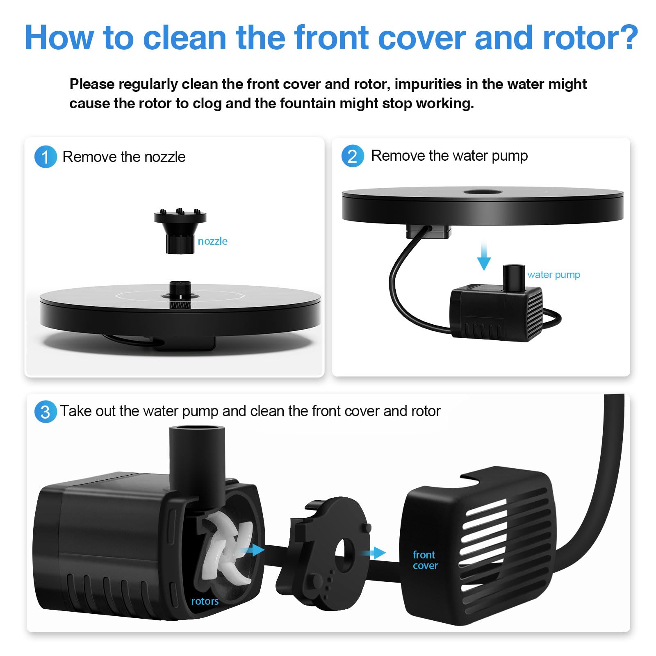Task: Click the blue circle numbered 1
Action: tap(46, 157)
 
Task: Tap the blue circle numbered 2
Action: tap(353, 156)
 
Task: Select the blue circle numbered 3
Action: tap(46, 412)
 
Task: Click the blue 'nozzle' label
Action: tap(212, 241)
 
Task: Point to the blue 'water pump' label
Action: tap(553, 275)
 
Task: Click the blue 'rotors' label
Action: tap(205, 601)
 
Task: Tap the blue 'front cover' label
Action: tap(425, 560)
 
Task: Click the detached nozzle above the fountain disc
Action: tap(180, 231)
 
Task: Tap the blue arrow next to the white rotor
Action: tap(252, 550)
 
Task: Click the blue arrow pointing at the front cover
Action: tap(374, 553)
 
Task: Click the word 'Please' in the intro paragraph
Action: tap(92, 84)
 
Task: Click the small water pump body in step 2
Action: tap(496, 312)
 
